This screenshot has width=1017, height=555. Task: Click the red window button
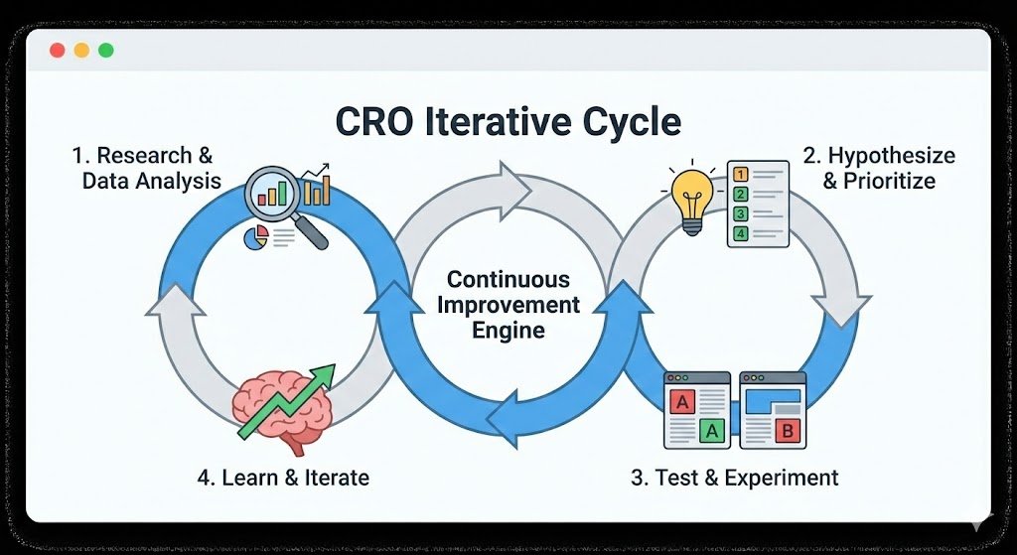57,50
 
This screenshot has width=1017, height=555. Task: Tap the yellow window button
81,50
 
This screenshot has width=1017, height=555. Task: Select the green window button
105,50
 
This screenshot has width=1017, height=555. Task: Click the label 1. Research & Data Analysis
149,168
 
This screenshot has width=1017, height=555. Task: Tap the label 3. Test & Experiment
734,478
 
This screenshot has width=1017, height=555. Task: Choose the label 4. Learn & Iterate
283,478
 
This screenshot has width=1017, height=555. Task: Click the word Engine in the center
508,331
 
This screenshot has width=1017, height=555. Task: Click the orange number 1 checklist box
739,174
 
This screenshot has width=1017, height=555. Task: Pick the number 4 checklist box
739,233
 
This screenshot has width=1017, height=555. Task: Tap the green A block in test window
711,430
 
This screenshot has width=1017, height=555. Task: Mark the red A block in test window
682,403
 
